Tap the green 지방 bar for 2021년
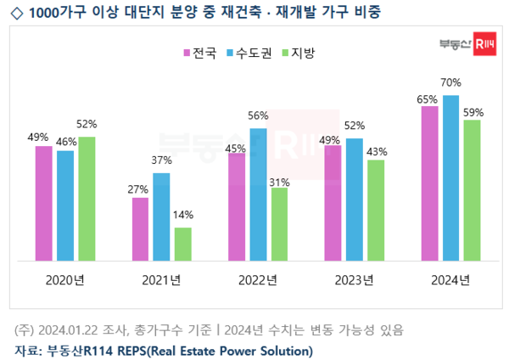click(x=183, y=244)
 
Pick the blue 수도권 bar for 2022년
click(x=258, y=194)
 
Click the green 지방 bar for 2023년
click(x=375, y=209)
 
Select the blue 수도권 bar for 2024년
click(x=450, y=177)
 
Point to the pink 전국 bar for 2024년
click(x=429, y=183)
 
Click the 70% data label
click(x=451, y=83)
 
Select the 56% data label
click(x=258, y=116)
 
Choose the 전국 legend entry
click(x=200, y=53)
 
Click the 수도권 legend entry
click(x=250, y=53)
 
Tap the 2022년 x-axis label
click(x=258, y=280)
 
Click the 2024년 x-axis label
click(x=450, y=280)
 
